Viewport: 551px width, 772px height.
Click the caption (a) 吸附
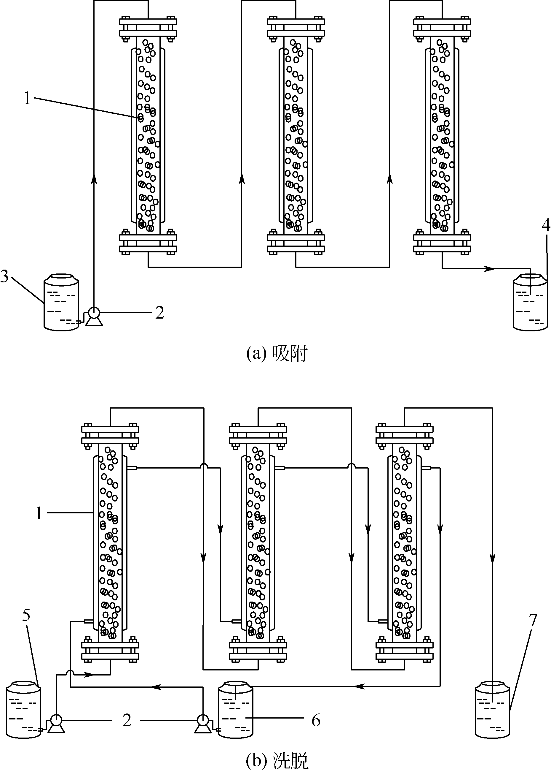pyautogui.click(x=277, y=354)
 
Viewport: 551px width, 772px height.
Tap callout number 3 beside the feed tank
pyautogui.click(x=5, y=276)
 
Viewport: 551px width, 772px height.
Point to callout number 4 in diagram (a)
pyautogui.click(x=546, y=225)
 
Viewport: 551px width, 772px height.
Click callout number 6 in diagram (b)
pyautogui.click(x=316, y=720)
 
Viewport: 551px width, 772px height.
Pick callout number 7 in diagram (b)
pyautogui.click(x=533, y=621)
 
